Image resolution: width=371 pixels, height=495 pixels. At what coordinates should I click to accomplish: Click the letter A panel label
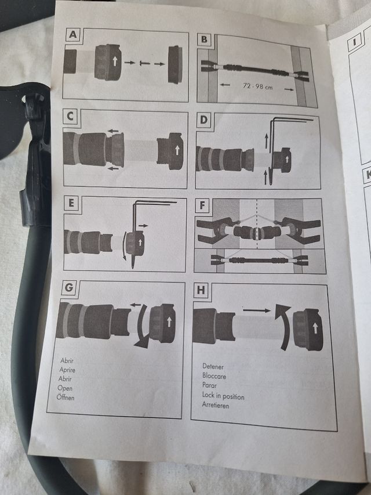[72, 34]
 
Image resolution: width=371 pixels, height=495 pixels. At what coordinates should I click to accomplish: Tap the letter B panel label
[204, 39]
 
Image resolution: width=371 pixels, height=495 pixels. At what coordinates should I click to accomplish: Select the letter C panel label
[70, 117]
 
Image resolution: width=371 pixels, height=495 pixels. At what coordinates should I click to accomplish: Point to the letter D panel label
[204, 120]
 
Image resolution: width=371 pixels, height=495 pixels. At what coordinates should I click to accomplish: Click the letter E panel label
[71, 203]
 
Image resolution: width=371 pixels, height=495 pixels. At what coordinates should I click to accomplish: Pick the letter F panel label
[202, 205]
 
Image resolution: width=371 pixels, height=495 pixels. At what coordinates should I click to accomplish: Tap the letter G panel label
[68, 288]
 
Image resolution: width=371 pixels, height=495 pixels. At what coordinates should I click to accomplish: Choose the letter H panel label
[201, 290]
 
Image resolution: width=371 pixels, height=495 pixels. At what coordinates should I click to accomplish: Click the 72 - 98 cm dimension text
[257, 86]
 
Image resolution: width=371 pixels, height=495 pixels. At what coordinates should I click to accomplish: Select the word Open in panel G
[65, 388]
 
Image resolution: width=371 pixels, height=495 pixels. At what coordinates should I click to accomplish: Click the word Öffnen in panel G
[66, 397]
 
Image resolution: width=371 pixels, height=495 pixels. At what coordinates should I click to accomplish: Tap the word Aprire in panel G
[67, 369]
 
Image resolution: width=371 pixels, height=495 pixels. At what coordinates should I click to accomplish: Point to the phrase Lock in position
[223, 396]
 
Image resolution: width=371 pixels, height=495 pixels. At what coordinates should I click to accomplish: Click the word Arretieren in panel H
[216, 405]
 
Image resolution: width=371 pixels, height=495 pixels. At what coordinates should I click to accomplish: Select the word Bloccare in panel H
[214, 376]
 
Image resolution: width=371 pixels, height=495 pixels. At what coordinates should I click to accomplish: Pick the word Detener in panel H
[213, 367]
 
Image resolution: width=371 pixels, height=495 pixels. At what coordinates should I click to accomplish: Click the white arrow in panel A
[115, 61]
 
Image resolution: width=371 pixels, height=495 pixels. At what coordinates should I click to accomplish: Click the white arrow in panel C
[177, 150]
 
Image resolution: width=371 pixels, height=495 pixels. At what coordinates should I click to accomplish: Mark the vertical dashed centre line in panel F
[257, 224]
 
